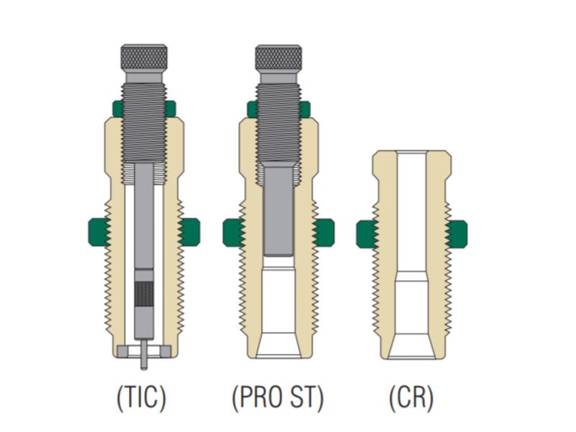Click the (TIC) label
[141, 397]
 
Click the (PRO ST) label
[278, 397]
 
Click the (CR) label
[411, 397]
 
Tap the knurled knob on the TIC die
[144, 58]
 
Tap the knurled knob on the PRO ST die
[279, 58]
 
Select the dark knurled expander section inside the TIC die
[145, 294]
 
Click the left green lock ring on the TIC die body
[99, 232]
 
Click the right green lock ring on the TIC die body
[189, 232]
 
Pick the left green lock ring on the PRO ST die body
[233, 233]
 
